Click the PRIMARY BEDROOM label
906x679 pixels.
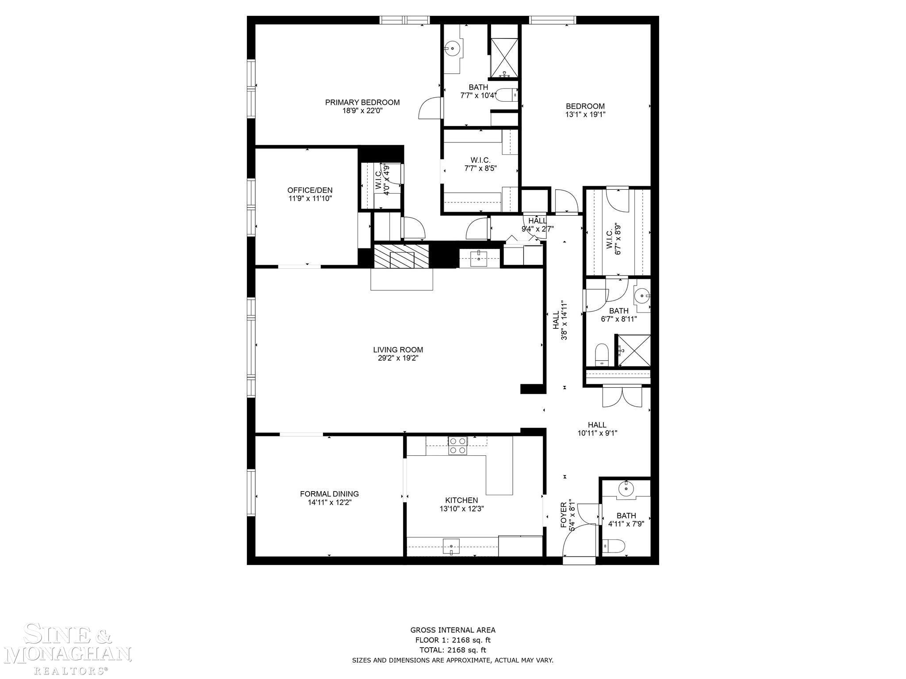coord(362,103)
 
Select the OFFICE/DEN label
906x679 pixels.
coord(310,191)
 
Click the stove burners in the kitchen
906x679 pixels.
coord(457,446)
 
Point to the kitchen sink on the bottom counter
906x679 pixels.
coord(452,547)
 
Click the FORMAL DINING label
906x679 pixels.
coord(329,494)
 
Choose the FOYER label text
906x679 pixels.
coord(564,515)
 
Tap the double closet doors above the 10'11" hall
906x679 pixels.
coord(622,397)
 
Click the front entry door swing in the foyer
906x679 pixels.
coord(577,542)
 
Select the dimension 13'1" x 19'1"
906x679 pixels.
coord(585,114)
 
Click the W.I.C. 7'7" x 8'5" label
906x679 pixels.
coord(480,164)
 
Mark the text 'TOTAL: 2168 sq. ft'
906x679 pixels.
coord(453,650)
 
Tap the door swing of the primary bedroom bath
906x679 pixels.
coord(430,109)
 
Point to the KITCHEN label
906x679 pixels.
coord(462,500)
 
